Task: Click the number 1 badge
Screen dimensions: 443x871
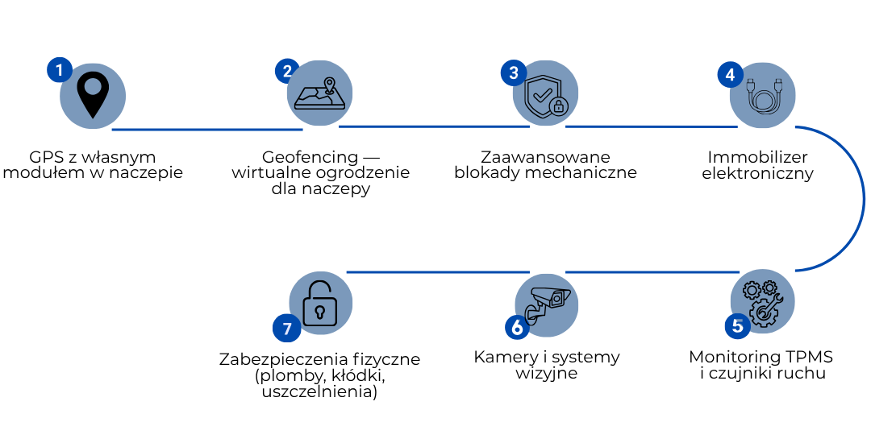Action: tap(59, 70)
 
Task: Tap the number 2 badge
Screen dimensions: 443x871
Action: tap(286, 71)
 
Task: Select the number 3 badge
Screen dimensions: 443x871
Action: tap(513, 73)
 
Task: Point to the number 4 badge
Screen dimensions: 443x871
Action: tap(730, 75)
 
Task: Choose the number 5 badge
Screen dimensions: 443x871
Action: tap(737, 326)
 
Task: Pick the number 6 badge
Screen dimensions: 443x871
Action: tap(517, 327)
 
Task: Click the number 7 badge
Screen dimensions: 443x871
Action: tap(286, 328)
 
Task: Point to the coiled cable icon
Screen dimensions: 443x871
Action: tap(763, 95)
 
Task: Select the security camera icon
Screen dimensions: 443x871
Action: tap(548, 302)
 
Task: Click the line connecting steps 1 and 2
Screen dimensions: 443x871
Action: tap(206, 129)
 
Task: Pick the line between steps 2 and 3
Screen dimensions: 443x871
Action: tap(434, 126)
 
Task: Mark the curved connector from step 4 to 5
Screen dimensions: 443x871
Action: tap(863, 198)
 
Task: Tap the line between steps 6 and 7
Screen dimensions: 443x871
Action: tap(437, 272)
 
